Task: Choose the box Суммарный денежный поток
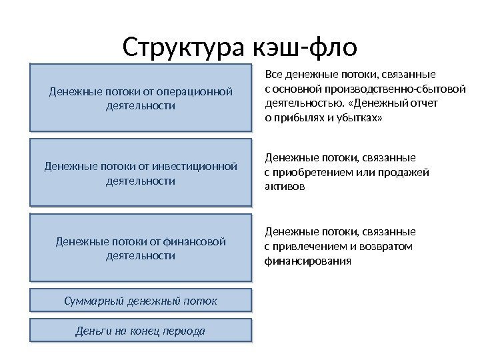[x=141, y=301]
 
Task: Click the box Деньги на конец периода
[x=141, y=331]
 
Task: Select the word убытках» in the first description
[x=364, y=118]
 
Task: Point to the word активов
[x=285, y=187]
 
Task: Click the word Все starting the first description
[x=275, y=74]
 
